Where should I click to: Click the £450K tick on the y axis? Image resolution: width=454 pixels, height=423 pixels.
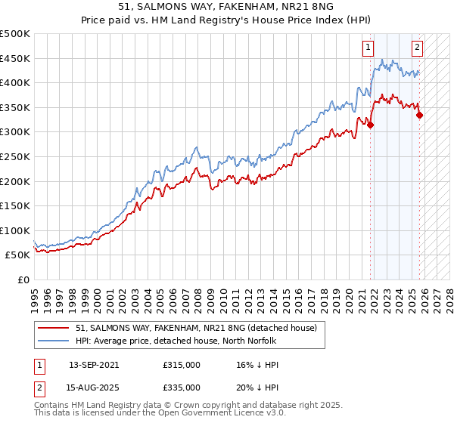tap(15, 58)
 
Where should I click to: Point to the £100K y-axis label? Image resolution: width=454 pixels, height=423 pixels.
tap(15, 230)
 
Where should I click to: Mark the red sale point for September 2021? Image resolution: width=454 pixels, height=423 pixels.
tap(371, 125)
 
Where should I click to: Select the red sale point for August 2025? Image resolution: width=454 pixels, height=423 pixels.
tap(420, 115)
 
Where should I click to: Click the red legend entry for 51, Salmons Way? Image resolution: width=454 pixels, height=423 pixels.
tap(201, 328)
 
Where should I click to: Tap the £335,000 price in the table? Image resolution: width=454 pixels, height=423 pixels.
tap(182, 387)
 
